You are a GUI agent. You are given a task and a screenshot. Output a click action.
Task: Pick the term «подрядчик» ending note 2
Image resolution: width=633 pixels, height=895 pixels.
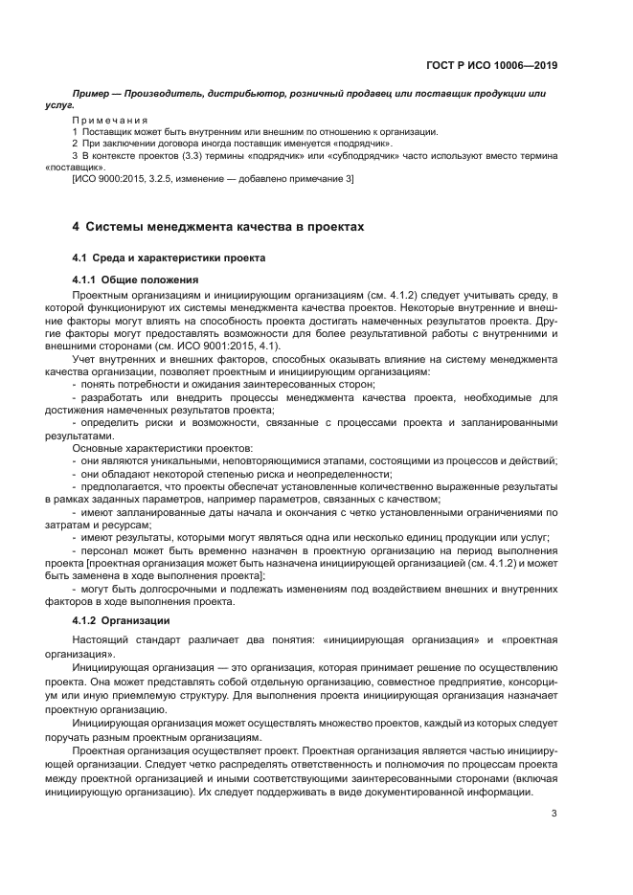[365, 143]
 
